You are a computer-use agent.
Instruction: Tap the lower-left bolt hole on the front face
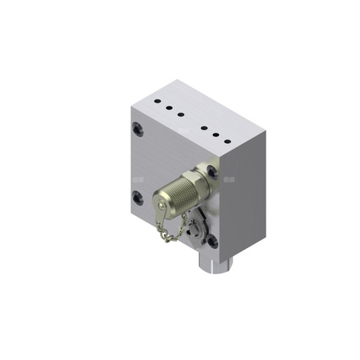point(138,196)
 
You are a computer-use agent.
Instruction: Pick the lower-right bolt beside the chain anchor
point(212,240)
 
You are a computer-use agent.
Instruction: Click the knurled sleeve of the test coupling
point(176,197)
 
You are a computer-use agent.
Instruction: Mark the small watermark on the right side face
point(231,179)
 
